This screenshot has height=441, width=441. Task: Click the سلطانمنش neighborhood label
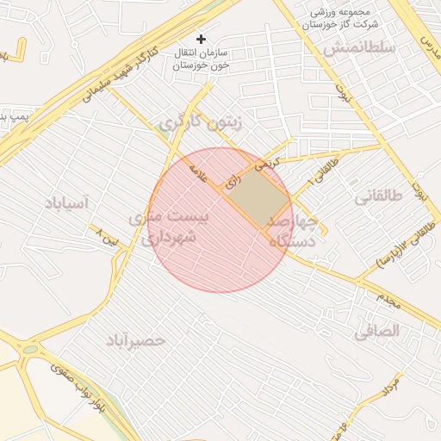click(x=359, y=49)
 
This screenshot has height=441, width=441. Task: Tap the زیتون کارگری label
click(x=201, y=124)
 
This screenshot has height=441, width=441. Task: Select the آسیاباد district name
click(x=66, y=203)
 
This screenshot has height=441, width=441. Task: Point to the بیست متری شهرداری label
click(x=169, y=229)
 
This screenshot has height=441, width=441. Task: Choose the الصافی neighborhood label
click(x=376, y=330)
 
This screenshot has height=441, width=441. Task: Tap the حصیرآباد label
click(x=135, y=342)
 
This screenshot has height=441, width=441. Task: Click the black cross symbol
click(x=202, y=39)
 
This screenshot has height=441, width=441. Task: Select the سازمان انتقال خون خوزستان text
click(x=201, y=59)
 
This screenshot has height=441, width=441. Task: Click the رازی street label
click(x=231, y=183)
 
